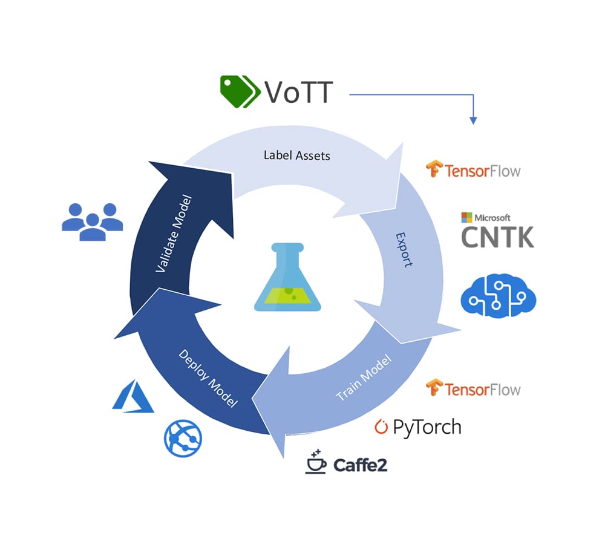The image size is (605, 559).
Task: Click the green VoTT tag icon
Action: pos(238,91)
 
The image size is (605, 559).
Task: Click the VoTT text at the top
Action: pos(298,93)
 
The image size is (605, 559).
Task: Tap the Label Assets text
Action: pos(296,155)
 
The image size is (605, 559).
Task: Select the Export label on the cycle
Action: pos(404,250)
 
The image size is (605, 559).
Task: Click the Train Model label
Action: pos(363,378)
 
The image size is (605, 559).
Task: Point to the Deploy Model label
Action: pos(208,378)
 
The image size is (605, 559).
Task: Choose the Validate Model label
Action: pos(173,234)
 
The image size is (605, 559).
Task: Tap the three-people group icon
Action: pos(92,222)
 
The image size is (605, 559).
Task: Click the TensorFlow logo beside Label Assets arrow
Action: pos(473,170)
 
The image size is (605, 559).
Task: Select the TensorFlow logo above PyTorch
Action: pos(473,388)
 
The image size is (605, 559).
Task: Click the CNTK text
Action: pos(498,237)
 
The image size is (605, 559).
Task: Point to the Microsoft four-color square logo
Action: pos(466,218)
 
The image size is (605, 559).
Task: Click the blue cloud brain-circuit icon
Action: pos(499,296)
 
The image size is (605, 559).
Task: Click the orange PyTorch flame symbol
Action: pos(381,427)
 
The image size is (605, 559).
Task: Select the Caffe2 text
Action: pos(360,465)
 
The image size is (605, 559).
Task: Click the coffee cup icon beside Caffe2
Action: pos(316,462)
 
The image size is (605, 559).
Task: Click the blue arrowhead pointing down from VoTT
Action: pos(474,121)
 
